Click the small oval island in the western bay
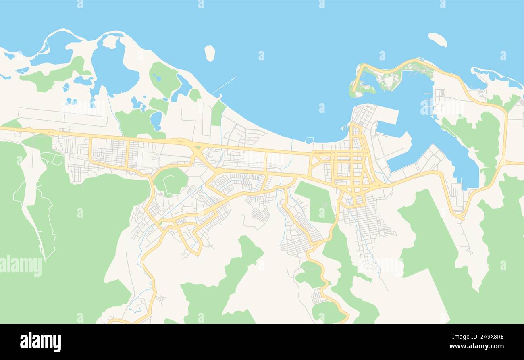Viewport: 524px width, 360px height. [210, 53]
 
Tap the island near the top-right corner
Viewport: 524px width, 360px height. [437, 40]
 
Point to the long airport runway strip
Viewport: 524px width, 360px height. [62, 117]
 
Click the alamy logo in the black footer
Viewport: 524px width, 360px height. [40, 341]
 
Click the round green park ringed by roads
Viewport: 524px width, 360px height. [171, 181]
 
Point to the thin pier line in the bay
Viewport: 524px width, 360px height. [224, 85]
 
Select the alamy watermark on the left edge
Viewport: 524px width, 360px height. [21, 266]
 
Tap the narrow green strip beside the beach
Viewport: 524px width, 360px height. [218, 113]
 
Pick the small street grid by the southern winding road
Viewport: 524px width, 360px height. [317, 296]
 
